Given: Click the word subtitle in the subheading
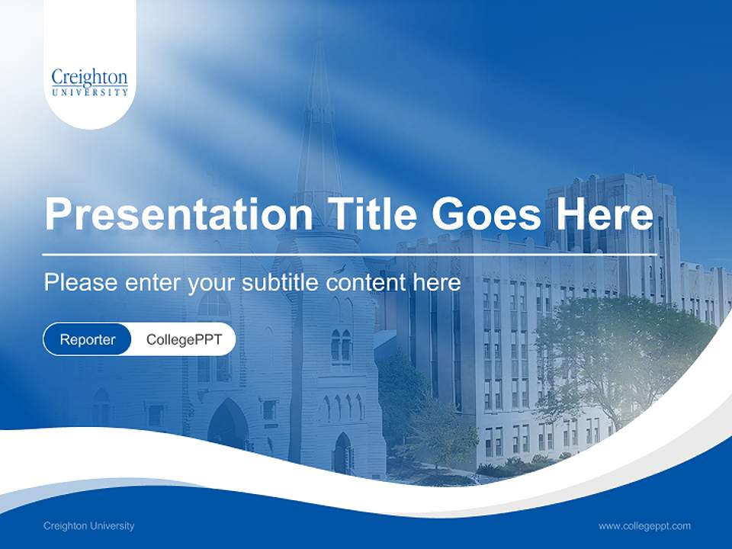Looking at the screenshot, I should coord(282,283).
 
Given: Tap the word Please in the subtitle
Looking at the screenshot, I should coord(80,283).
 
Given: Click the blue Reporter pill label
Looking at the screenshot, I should coord(87,339).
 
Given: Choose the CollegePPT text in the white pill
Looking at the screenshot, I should coord(184,339).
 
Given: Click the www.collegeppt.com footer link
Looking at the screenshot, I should coord(644,525).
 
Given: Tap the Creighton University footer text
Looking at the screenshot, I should coord(88,525).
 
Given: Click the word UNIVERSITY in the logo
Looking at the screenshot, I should coord(89,92).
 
